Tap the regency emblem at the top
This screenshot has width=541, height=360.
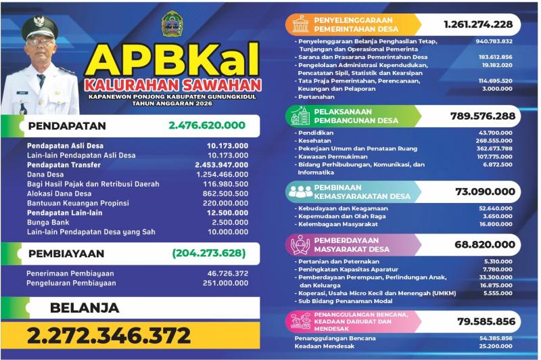tap(171, 24)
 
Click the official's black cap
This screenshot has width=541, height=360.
tap(39, 28)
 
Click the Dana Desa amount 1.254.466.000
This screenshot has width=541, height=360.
tap(220, 174)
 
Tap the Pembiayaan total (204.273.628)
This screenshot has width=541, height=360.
tap(208, 254)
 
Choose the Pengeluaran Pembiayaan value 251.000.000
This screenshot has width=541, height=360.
tap(220, 283)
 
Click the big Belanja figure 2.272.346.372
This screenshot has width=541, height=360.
tap(109, 335)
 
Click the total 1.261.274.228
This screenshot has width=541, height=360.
tap(478, 24)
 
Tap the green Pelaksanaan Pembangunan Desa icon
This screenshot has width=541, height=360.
tap(300, 116)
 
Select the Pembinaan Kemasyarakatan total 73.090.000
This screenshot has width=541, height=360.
tap(485, 192)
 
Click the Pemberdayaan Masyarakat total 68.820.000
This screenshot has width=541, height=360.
tap(485, 244)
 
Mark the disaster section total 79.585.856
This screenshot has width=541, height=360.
tap(485, 321)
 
